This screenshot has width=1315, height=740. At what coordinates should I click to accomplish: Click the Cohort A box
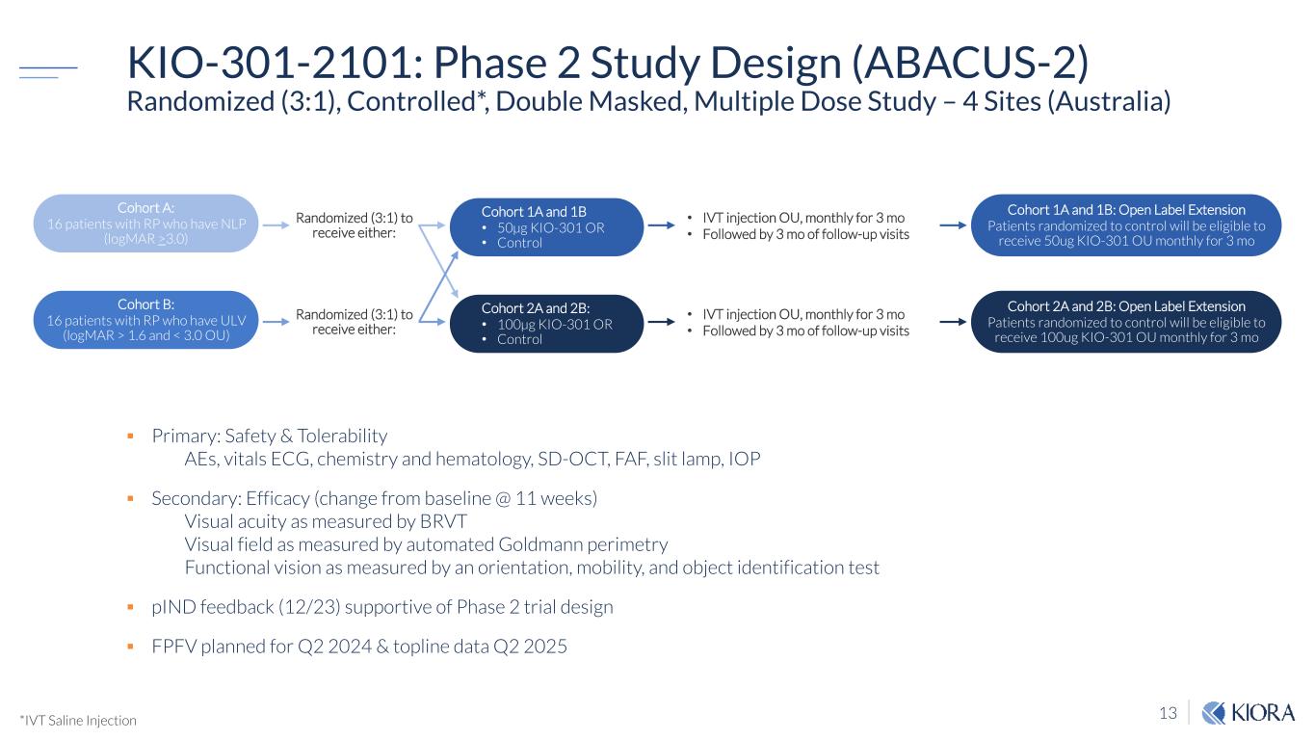point(146,224)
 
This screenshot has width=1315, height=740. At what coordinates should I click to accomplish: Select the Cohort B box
point(146,320)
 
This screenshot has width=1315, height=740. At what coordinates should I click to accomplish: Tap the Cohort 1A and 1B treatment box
point(546,227)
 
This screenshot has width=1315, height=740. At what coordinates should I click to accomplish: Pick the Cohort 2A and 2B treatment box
point(546,324)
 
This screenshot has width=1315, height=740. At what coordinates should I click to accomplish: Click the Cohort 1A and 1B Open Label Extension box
point(1125,225)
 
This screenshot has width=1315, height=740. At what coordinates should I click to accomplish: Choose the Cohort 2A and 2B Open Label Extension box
point(1125,322)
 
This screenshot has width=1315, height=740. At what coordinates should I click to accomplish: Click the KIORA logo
point(1249,713)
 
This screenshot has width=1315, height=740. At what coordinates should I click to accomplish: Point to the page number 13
point(1168,714)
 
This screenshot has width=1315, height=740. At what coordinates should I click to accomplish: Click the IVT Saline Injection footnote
point(78,720)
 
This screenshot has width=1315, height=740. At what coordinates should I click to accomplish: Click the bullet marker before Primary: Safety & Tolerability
point(131,436)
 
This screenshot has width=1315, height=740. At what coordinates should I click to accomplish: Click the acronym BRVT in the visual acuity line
point(441,521)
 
